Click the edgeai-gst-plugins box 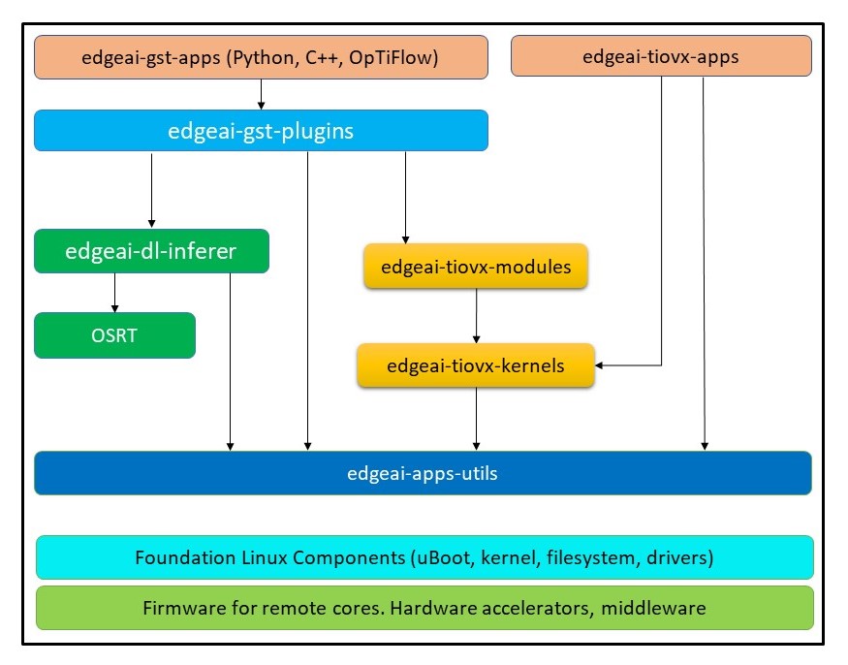coord(261,131)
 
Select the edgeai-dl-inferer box coord(151,252)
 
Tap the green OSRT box coord(115,335)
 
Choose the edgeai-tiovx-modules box coord(475,267)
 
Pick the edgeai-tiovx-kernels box coord(475,365)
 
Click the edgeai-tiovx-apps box coord(661,56)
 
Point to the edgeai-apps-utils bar coord(423,474)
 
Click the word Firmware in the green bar coord(181,609)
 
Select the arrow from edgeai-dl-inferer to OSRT coord(115,292)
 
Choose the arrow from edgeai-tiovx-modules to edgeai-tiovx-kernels coord(475,316)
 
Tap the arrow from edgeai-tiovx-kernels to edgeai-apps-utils coord(475,419)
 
